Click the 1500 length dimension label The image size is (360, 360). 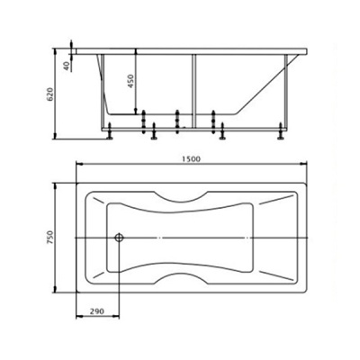point(191,159)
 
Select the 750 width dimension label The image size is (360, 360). point(50,238)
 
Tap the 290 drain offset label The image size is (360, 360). point(97,311)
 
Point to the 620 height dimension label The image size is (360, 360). point(50,94)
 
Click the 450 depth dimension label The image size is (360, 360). point(131,81)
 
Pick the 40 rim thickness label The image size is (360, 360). point(67,65)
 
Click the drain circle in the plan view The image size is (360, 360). point(119,238)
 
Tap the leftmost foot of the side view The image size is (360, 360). point(110,131)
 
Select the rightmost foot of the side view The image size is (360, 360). point(281,131)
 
